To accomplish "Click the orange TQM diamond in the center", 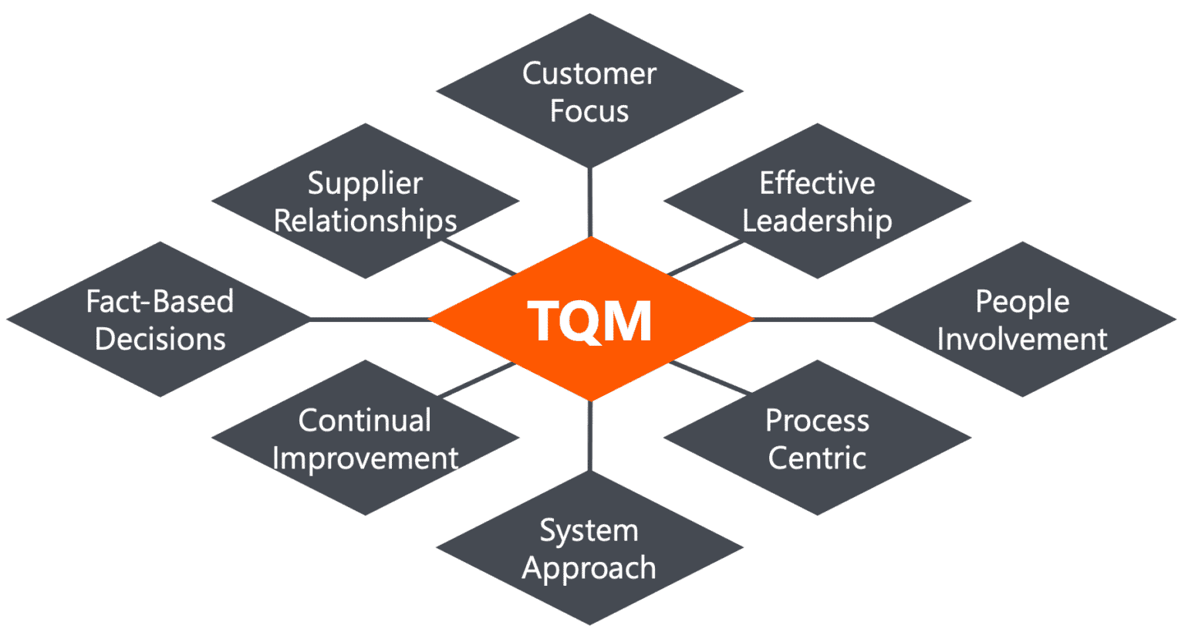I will coord(590,320).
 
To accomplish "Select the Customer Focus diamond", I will coord(589,91).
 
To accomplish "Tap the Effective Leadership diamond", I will coord(817,201).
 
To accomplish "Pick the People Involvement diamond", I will coord(1022,320).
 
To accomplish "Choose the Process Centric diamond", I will coord(817,438).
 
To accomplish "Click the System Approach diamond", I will coord(589,548).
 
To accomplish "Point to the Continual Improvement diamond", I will coord(365,438).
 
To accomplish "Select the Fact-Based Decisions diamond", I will coord(160,320).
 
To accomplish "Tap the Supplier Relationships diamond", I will coord(365,201).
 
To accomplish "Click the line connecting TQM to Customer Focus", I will coord(590,202).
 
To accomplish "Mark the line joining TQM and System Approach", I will coord(590,436).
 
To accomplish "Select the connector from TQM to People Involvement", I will coord(812,319).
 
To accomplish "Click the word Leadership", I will coord(817,222).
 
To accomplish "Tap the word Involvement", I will coord(1022,340).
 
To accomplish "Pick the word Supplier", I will coord(365,184).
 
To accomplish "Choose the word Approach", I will coord(589,568).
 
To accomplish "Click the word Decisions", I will coord(160,340).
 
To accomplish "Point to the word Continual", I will coord(365,421).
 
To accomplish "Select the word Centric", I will coord(817,458).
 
